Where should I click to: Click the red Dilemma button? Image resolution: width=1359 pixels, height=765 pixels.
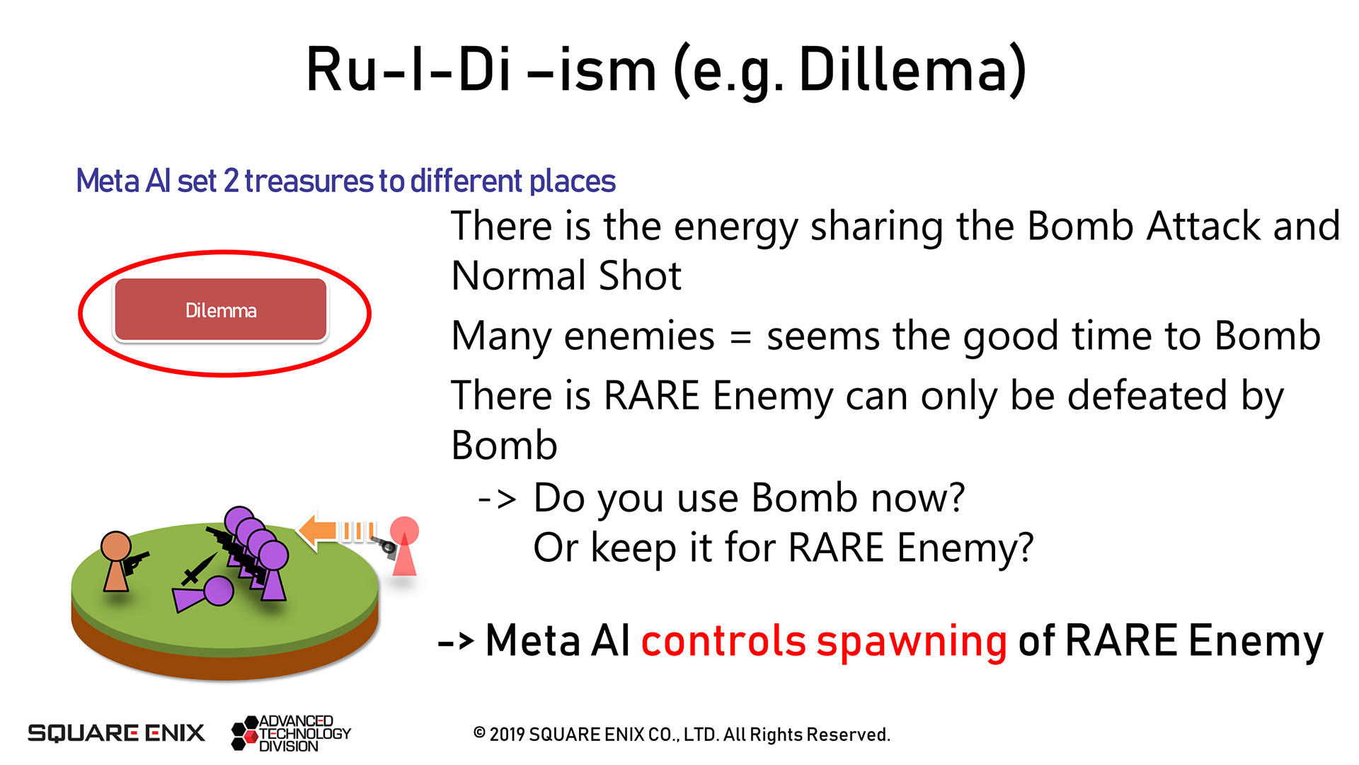click(221, 310)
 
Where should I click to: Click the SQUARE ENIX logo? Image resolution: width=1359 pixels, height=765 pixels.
click(116, 732)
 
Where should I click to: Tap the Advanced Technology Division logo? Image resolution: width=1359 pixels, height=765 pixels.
click(291, 733)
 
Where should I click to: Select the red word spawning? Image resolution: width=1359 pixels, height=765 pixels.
click(912, 642)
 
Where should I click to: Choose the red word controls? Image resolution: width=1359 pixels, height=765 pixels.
click(723, 640)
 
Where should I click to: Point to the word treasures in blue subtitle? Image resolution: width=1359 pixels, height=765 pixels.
click(309, 181)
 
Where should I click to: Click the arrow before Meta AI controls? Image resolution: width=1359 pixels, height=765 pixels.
click(456, 642)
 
